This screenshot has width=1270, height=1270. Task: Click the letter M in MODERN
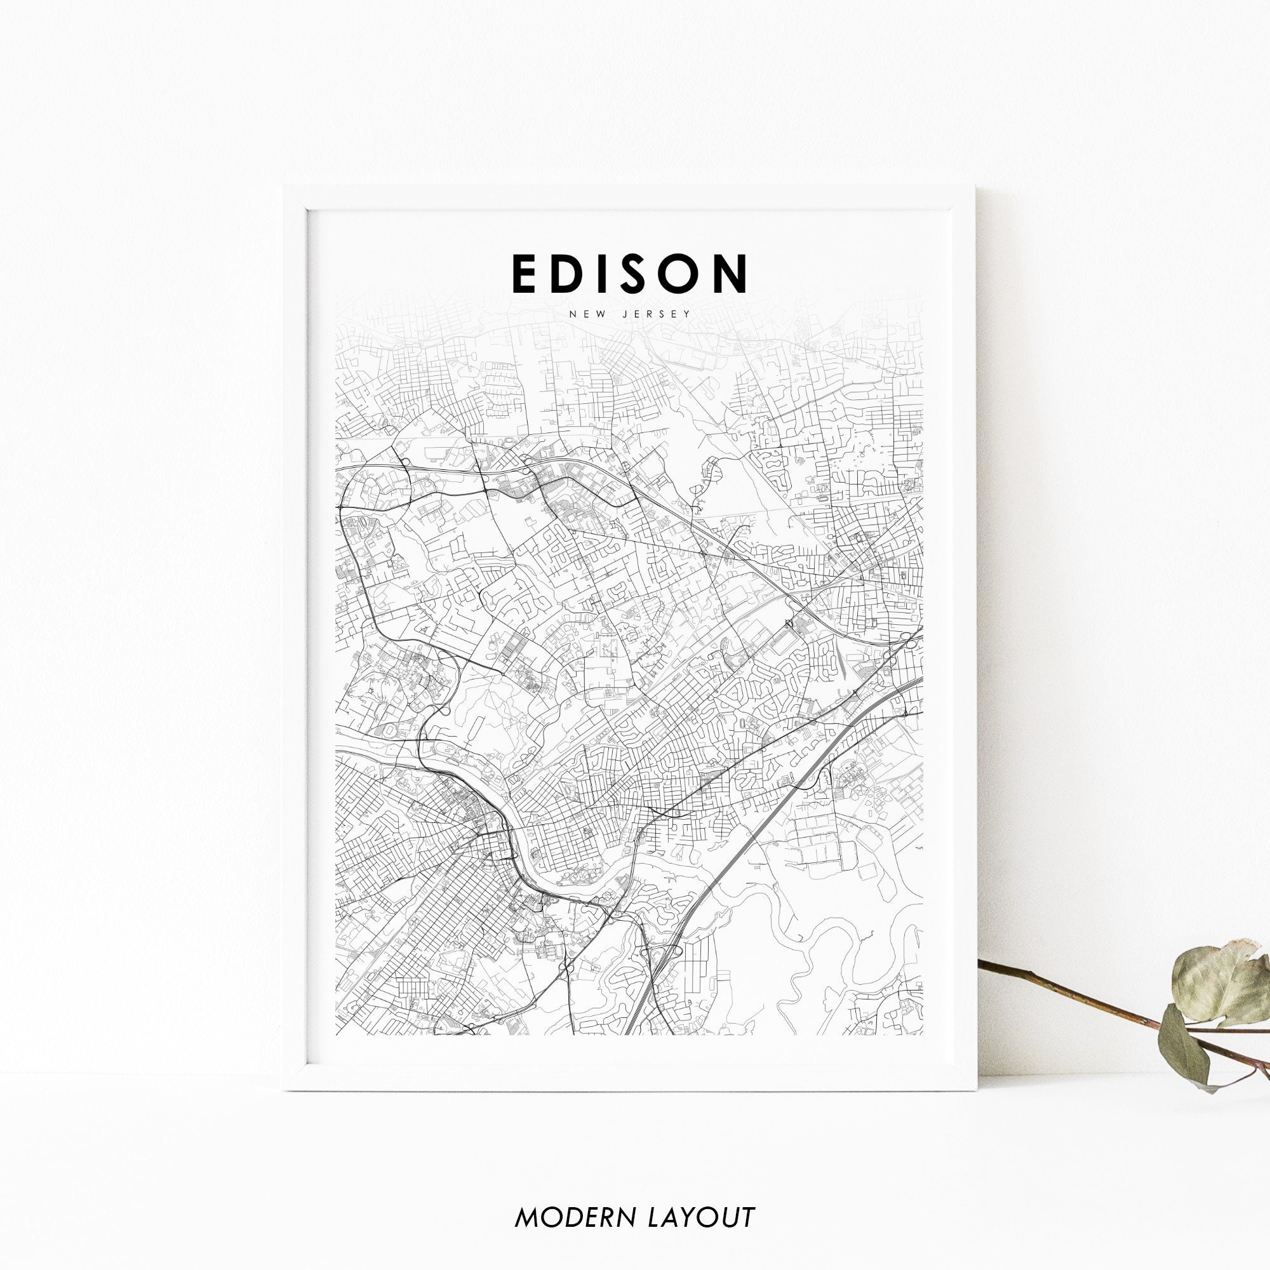[526, 1198]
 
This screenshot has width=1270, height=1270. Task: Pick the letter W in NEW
[599, 314]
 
